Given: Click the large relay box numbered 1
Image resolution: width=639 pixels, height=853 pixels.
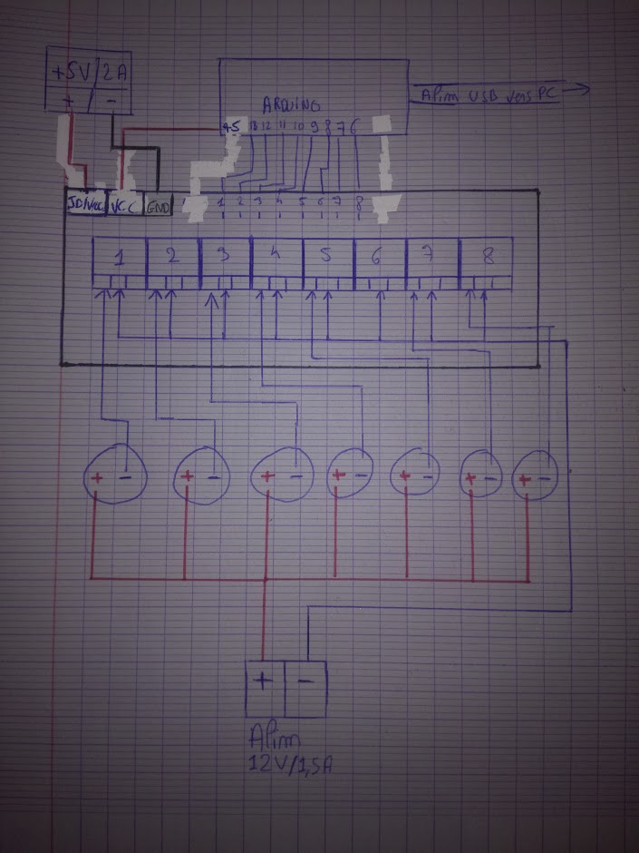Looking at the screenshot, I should pyautogui.click(x=120, y=258).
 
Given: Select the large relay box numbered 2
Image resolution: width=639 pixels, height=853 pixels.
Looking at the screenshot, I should pyautogui.click(x=172, y=258).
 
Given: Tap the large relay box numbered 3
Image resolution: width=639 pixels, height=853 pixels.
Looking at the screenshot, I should pyautogui.click(x=225, y=258).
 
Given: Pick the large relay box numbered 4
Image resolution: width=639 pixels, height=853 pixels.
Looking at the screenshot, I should pyautogui.click(x=276, y=258).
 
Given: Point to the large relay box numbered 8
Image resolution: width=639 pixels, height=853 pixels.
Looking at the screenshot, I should pyautogui.click(x=487, y=258).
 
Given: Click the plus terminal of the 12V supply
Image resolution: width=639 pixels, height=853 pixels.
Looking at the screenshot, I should pyautogui.click(x=265, y=690).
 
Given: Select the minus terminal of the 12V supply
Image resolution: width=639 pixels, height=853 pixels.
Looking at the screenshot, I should pyautogui.click(x=305, y=690).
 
